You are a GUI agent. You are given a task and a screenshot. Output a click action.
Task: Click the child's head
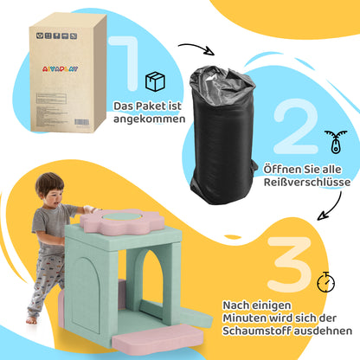tap(48, 188)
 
